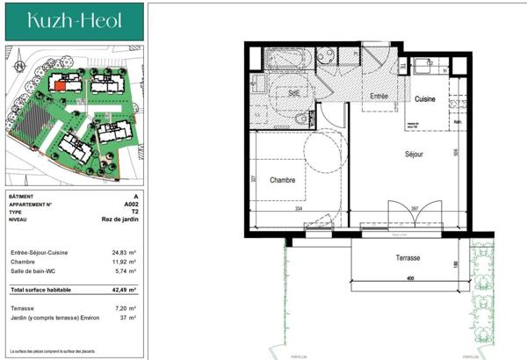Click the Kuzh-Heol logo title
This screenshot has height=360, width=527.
[x=74, y=19]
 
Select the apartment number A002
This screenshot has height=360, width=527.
[x=131, y=204]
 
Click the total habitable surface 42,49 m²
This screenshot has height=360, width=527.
[x=126, y=289]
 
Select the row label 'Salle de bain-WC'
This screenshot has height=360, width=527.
[x=34, y=270]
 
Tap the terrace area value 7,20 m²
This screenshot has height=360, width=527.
[x=128, y=308]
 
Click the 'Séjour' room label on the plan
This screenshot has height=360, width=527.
[x=413, y=154]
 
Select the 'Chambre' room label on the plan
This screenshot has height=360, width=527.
[x=283, y=180]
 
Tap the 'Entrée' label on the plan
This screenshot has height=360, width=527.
[x=379, y=96]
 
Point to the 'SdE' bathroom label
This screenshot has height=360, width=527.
[x=294, y=92]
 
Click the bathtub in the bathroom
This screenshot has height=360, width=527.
[x=284, y=59]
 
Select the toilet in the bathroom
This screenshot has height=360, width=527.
[x=301, y=118]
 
